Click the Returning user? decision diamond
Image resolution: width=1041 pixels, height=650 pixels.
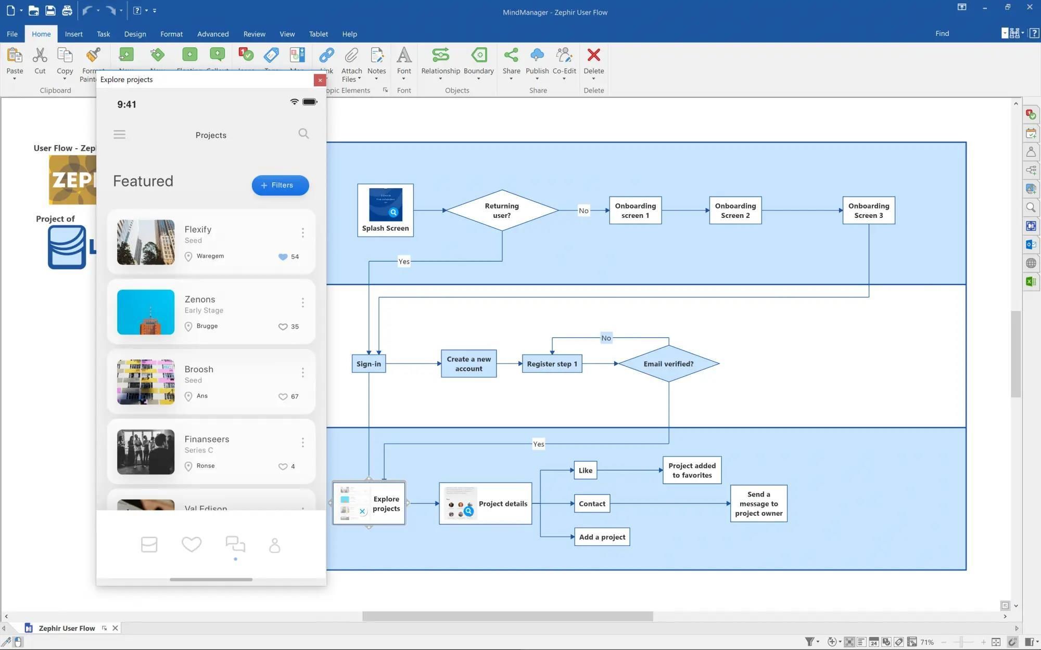click(502, 211)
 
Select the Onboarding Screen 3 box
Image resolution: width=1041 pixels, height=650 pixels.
click(868, 211)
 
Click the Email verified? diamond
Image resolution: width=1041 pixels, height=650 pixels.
click(668, 364)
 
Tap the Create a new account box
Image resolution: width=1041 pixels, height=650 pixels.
click(468, 364)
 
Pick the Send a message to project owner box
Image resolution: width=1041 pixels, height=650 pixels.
click(758, 503)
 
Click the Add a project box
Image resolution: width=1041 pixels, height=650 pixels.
click(602, 537)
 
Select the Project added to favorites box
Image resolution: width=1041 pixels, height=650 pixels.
click(692, 470)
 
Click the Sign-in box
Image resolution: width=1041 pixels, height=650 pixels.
click(369, 364)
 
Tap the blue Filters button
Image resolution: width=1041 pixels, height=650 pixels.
click(280, 185)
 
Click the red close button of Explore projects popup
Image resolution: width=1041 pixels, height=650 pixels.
click(320, 80)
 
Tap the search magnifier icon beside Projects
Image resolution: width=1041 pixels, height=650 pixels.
click(303, 134)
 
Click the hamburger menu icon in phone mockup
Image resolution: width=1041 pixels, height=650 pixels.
click(119, 135)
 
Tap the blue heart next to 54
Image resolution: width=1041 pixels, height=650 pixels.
click(283, 257)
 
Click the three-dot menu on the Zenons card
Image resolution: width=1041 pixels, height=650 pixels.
click(302, 303)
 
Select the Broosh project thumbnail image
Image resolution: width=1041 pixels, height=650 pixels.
click(146, 382)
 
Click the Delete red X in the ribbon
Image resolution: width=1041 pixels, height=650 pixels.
click(593, 55)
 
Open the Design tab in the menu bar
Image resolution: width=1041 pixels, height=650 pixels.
click(135, 34)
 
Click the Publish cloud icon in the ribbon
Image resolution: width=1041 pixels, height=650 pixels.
click(537, 55)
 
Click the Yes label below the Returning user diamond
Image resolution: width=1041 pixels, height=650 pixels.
click(404, 262)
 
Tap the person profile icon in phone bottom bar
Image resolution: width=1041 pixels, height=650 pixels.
click(274, 545)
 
